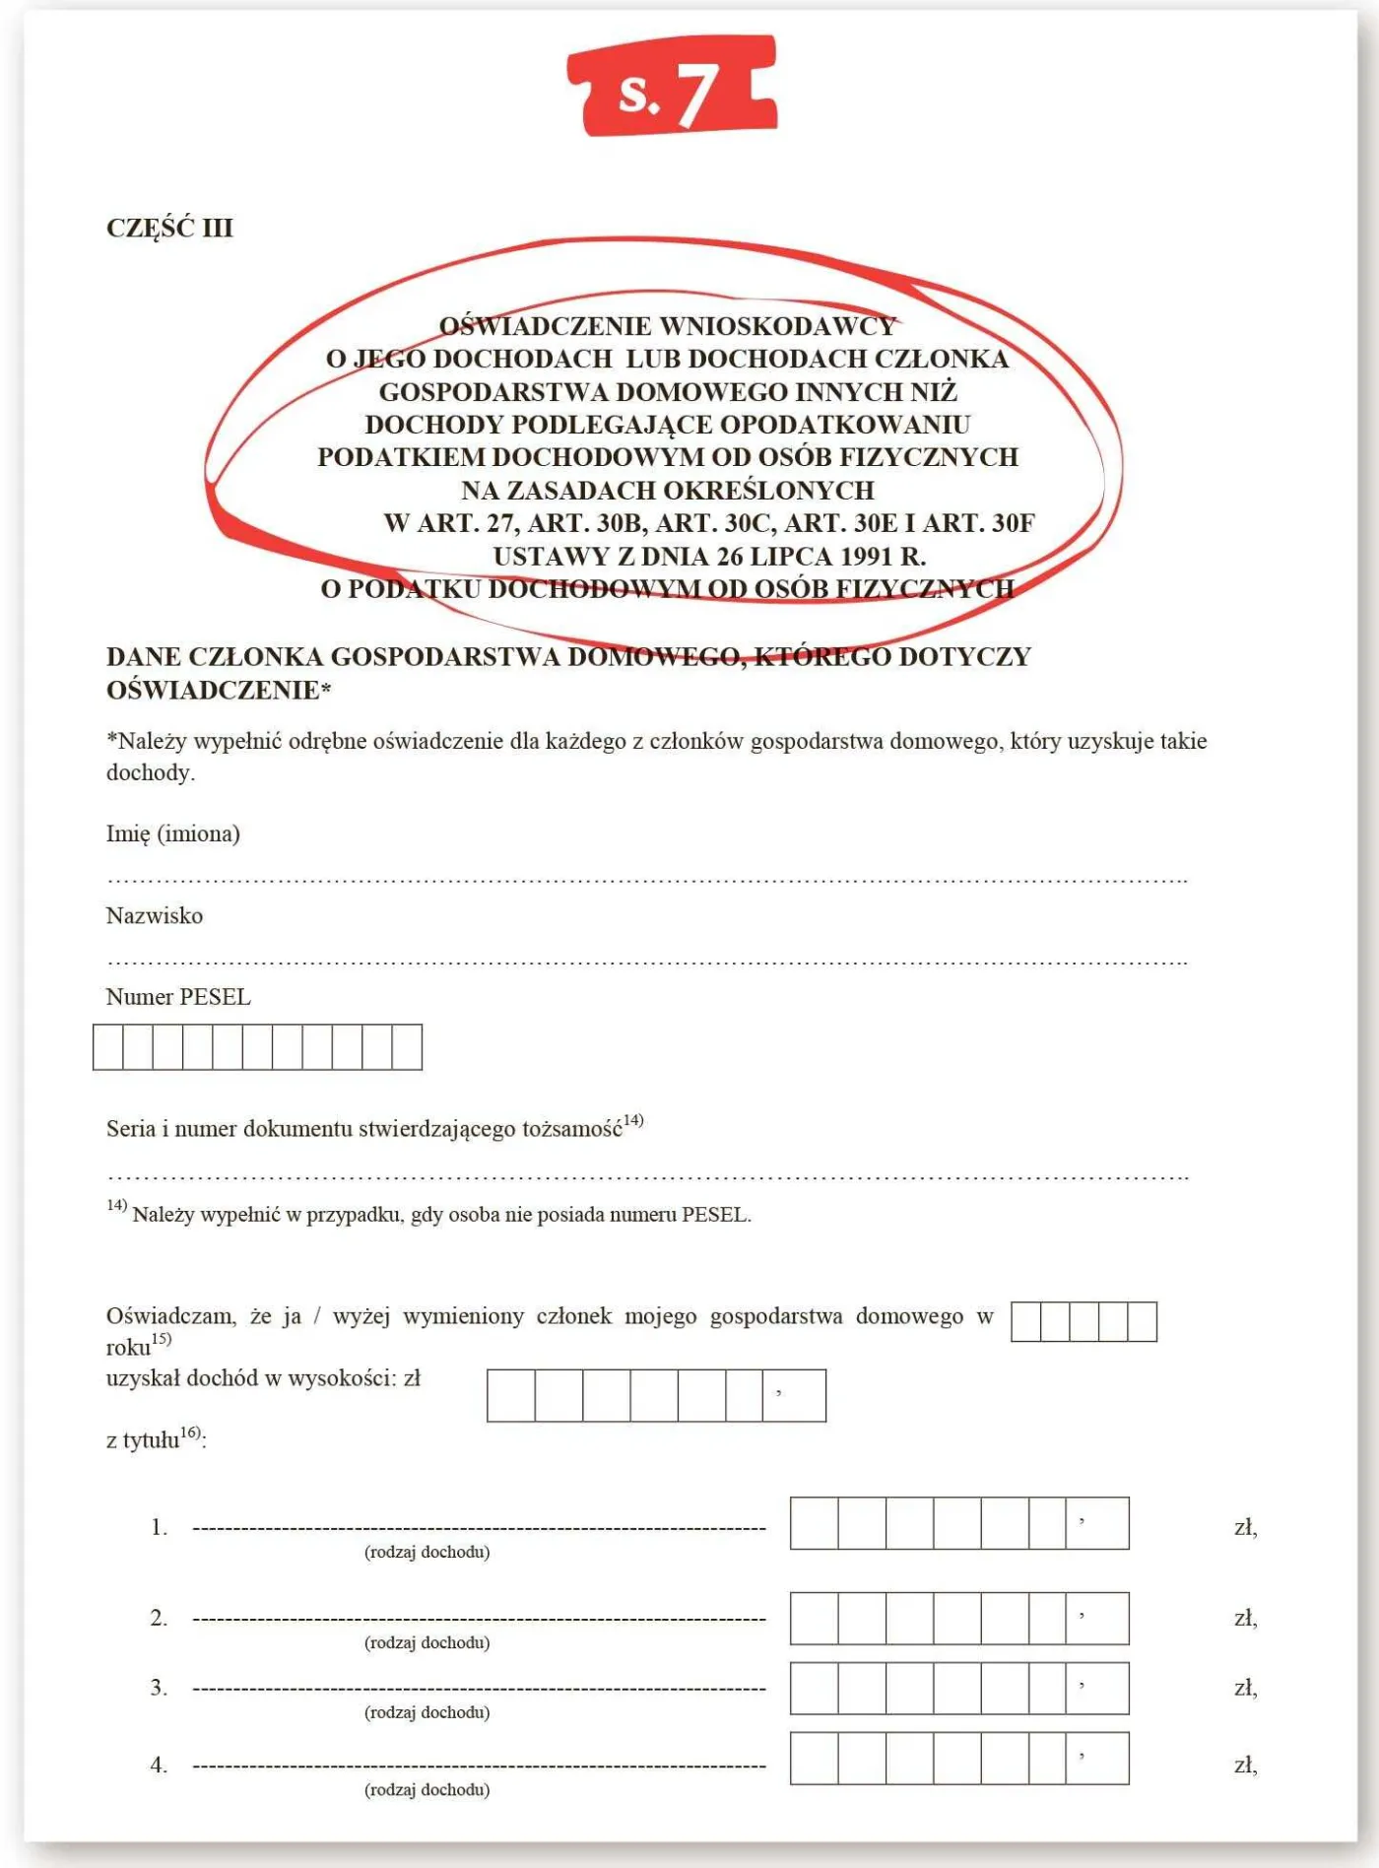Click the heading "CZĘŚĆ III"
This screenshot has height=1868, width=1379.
[x=169, y=228]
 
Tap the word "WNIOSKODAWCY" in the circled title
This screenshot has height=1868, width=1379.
[x=778, y=326]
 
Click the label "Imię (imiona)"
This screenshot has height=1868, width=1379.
[x=173, y=834]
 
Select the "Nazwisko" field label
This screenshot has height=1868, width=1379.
[x=155, y=916]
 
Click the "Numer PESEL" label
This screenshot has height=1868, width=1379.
[x=178, y=997]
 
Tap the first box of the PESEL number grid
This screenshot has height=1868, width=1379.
[x=108, y=1046]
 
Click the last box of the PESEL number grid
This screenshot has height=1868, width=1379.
[x=407, y=1046]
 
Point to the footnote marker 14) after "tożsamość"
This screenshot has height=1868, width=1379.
[x=633, y=1120]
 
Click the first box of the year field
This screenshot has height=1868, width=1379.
[x=1025, y=1321]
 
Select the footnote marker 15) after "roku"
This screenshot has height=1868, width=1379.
[x=162, y=1339]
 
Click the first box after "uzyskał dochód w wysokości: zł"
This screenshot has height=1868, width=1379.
[x=511, y=1395]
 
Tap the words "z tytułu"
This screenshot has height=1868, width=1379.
[x=143, y=1440]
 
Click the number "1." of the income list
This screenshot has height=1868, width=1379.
[x=160, y=1527]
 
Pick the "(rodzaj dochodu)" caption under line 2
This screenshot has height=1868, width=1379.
[x=427, y=1642]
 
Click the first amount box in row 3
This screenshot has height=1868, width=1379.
[x=814, y=1688]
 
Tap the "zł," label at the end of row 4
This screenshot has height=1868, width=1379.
[x=1246, y=1765]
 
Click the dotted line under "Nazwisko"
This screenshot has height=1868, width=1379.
[x=646, y=962]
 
